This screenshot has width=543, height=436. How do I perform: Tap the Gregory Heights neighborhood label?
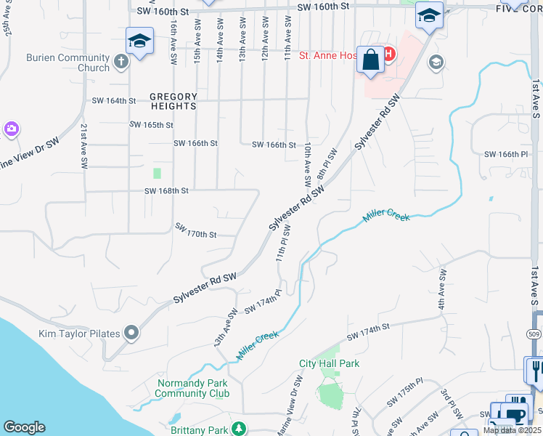coord(173,101)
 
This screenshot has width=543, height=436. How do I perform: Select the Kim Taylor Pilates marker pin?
coord(131,334)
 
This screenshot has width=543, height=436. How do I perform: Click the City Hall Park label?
coord(330,363)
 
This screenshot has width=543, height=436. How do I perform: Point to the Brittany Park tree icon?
coord(238,429)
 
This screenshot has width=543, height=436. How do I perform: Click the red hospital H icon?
coord(388,54)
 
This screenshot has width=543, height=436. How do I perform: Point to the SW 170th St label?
coord(196,230)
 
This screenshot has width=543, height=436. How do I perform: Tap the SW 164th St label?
coord(113,101)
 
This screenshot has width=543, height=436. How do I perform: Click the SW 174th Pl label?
coord(263,306)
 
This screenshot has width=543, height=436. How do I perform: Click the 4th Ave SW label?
coord(442,291)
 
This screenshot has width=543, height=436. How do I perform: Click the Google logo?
coord(24,427)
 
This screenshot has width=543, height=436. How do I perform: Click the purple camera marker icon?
coord(11,129)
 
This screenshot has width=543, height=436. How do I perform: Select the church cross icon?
coord(121,63)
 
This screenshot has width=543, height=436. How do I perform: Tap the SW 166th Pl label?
coord(505,154)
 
